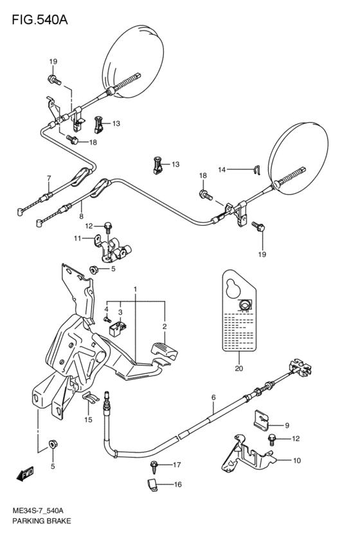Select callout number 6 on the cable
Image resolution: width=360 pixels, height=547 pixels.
click(213, 398)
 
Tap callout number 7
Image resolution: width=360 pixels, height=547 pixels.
click(48, 178)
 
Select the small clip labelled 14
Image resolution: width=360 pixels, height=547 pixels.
click(256, 170)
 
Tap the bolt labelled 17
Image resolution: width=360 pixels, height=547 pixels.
click(154, 464)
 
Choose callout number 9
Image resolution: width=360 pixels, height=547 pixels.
click(287, 425)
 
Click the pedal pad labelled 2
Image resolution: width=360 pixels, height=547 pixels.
click(164, 352)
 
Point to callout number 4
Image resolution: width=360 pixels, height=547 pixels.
click(107, 309)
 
